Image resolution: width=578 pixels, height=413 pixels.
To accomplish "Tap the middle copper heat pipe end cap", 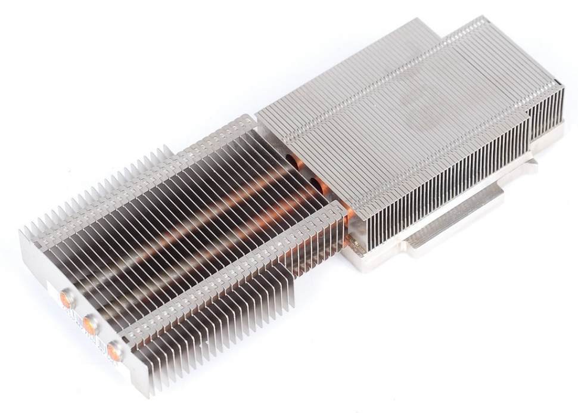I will coord(91,325).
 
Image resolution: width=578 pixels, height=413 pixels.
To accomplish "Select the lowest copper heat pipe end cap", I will coord(114,352).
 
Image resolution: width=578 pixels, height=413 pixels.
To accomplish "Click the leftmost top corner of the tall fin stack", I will coord(257,113).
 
